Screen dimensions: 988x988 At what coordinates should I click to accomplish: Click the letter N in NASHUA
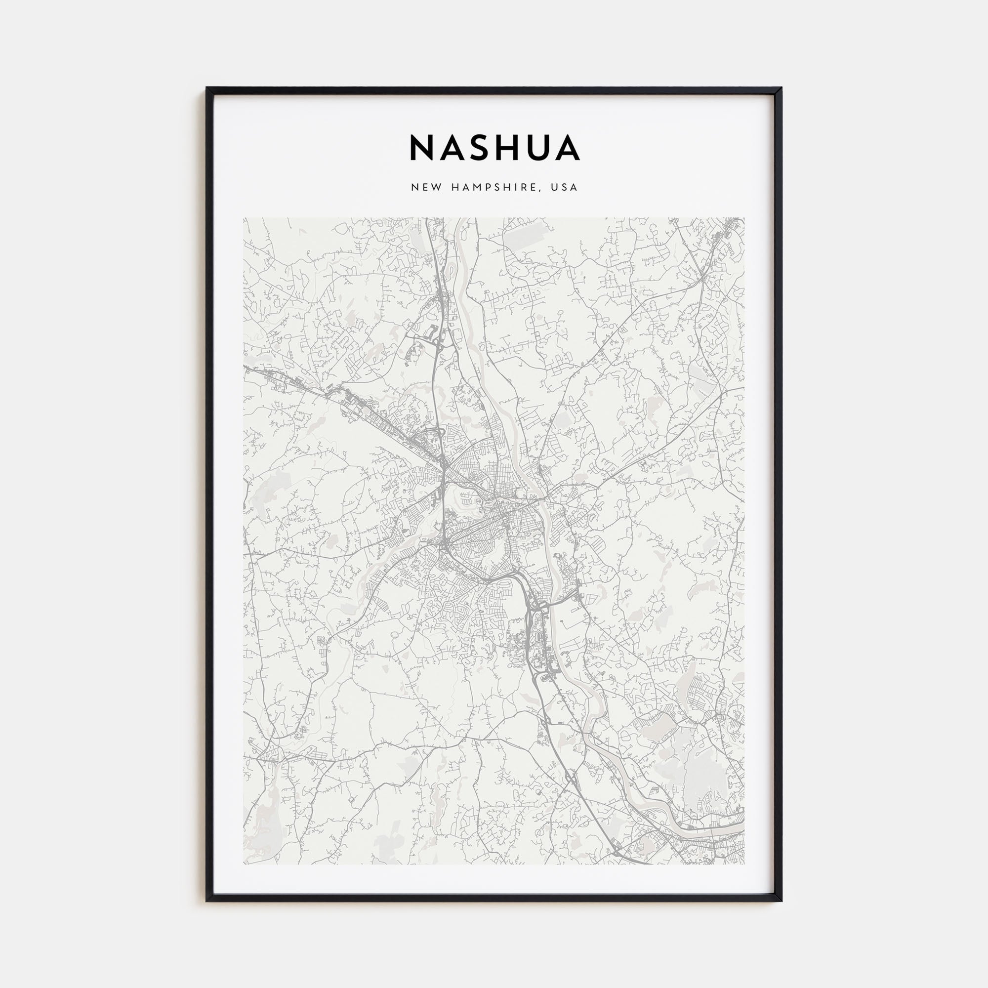pos(422,148)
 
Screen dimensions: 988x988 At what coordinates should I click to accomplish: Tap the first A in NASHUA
pos(454,148)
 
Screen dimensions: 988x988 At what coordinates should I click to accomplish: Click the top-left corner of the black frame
pos(206,88)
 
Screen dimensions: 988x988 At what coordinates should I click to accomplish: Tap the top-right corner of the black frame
pos(782,88)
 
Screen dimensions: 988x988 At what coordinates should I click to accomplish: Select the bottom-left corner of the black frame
pos(206,901)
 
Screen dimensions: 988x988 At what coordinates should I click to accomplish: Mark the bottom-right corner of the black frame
pos(782,901)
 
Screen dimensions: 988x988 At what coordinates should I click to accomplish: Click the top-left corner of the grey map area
pos(244,218)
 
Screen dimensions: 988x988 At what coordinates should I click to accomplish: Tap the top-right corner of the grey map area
pos(744,218)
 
